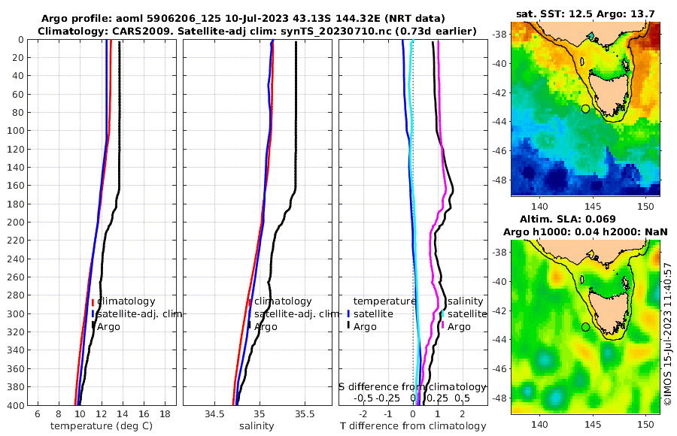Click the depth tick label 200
(x=15, y=223)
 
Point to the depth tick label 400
(x=15, y=405)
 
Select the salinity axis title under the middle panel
(x=257, y=426)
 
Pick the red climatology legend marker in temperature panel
(x=93, y=301)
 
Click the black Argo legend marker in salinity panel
(x=249, y=325)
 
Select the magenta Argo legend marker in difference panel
(x=442, y=326)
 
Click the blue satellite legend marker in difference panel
(x=349, y=313)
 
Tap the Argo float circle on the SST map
(x=585, y=109)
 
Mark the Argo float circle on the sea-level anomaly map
(x=585, y=327)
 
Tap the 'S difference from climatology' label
(x=412, y=386)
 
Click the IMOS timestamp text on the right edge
(x=669, y=335)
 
